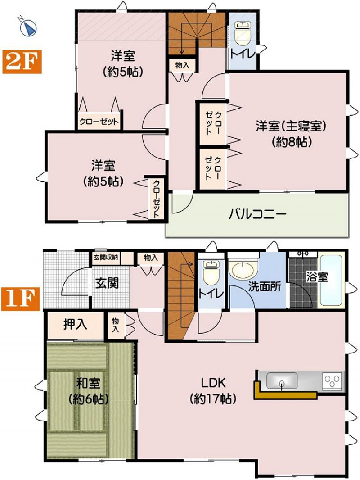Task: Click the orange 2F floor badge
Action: coord(22,62)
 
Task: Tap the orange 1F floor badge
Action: coord(21,299)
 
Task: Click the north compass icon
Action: coord(28,27)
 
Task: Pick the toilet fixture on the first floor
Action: coord(211,272)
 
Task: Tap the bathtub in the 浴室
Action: coord(331,280)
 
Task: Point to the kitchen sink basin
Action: coord(281,380)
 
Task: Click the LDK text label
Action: coord(213,383)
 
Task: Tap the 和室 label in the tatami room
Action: coord(88,383)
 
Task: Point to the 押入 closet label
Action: coord(76,325)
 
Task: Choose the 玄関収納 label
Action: coord(106,258)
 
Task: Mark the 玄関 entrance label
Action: coord(107,283)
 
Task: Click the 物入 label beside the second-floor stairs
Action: coord(182,65)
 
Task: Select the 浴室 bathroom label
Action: coord(317,277)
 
